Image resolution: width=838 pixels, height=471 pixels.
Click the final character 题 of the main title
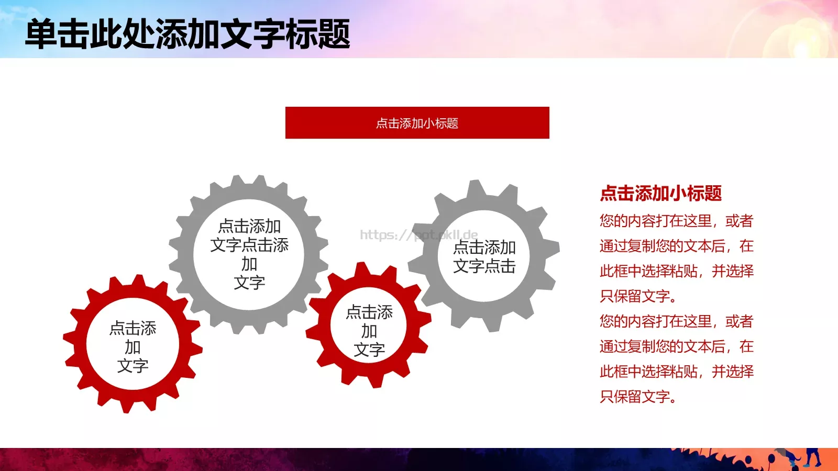(334, 35)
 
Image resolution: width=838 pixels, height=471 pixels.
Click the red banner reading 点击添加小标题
(417, 123)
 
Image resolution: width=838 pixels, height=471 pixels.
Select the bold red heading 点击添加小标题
(660, 193)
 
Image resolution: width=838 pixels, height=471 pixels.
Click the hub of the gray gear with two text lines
(484, 256)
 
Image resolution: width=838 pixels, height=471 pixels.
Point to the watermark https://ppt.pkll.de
(418, 234)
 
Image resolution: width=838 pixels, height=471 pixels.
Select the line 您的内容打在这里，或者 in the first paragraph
(676, 221)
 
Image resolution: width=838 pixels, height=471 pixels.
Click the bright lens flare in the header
(801, 47)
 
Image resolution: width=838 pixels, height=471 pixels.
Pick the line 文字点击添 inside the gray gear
(249, 245)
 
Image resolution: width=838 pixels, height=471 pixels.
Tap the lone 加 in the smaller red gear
(369, 331)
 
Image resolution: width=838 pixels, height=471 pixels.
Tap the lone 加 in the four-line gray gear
(249, 264)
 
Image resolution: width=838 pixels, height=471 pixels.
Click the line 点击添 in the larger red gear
(133, 328)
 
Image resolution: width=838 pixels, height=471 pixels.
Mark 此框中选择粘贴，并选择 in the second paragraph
(676, 372)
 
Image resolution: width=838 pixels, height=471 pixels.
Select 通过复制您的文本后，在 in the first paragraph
(676, 246)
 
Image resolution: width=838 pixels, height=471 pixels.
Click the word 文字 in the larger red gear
(133, 366)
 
